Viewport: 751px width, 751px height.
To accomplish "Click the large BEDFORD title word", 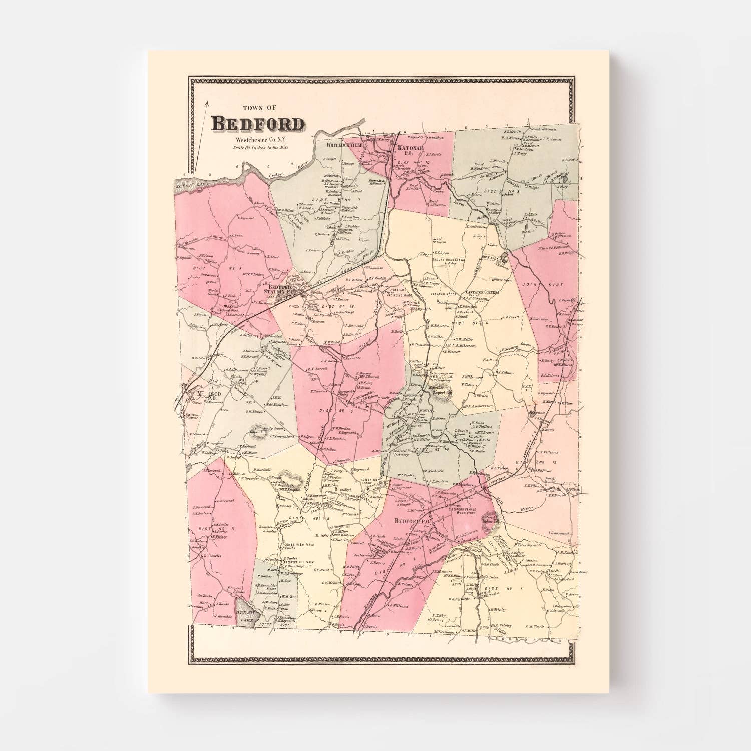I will pos(257,123).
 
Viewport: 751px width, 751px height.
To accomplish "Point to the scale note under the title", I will pos(260,147).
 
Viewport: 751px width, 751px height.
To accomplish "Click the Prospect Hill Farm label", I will pos(302,562).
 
